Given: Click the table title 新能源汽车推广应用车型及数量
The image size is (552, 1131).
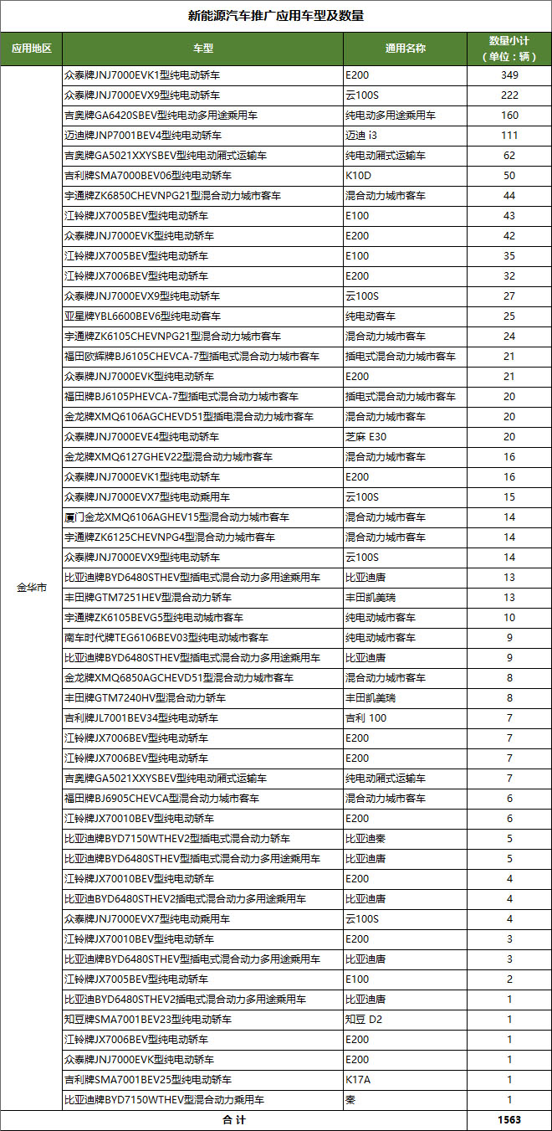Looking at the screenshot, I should pos(275,16).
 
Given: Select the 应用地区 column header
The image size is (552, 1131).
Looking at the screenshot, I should pos(31,49).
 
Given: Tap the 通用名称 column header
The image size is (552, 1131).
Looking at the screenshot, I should pos(406,49).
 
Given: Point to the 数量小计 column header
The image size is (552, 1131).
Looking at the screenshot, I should pos(509,49).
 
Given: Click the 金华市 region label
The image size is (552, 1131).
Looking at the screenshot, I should pos(31,588).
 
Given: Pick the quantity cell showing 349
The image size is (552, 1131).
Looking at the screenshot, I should pos(509,75).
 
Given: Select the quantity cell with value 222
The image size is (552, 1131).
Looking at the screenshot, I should pos(509,95).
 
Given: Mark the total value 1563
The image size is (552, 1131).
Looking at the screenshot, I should pos(509,1120).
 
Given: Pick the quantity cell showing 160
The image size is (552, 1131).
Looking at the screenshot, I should pos(509,116).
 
